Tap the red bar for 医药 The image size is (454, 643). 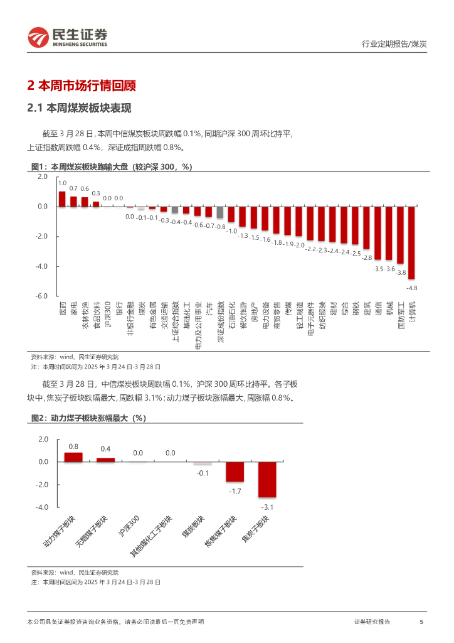[x=62, y=199]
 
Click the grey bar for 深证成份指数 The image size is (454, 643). [x=220, y=212]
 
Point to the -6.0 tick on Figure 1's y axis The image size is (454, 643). [x=41, y=296]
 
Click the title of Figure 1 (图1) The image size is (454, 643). [x=111, y=166]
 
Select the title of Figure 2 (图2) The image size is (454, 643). [x=88, y=418]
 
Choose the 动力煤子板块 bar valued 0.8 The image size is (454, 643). [x=73, y=457]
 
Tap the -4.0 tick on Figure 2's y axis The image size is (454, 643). [x=41, y=507]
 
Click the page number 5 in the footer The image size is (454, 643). [x=421, y=622]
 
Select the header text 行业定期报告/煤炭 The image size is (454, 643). [x=395, y=44]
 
